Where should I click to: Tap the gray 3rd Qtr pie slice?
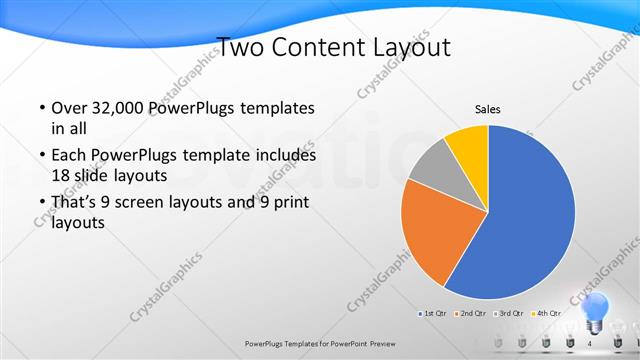tap(432, 169)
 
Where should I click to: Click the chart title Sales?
tap(487, 110)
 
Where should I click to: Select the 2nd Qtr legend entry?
tap(470, 314)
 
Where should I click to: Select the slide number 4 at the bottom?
tap(589, 343)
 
